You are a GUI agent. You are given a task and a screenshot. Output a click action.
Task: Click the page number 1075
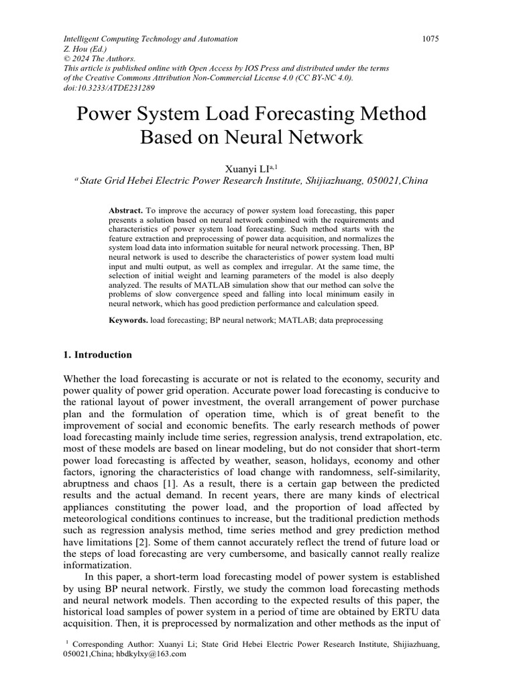pos(430,39)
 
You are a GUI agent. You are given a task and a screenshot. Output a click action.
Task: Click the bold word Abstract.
pos(125,211)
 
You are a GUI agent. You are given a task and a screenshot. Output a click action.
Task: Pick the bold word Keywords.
pos(128,321)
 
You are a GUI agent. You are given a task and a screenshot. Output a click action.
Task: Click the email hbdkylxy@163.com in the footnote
pos(153,654)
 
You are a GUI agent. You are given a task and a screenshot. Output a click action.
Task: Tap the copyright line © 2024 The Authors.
pos(99,59)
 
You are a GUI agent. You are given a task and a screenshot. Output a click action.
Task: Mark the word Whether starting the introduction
pos(84,379)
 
